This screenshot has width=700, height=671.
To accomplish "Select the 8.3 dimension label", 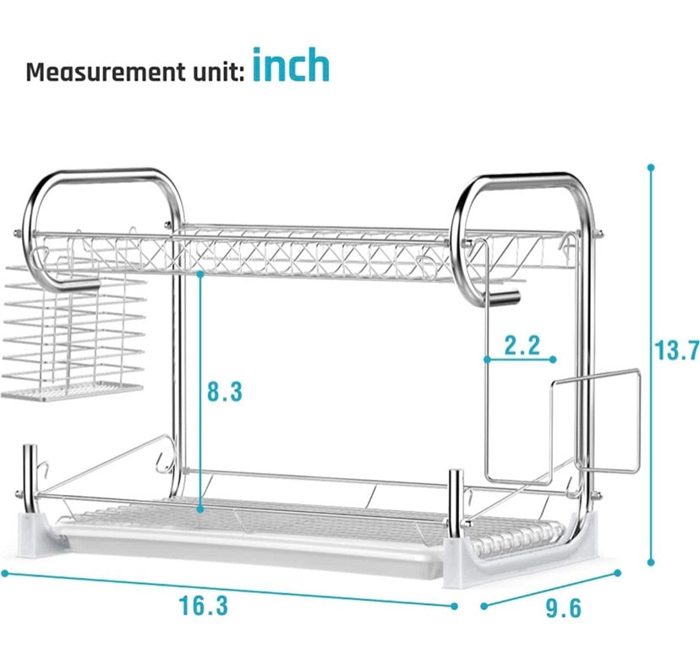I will click(x=225, y=392).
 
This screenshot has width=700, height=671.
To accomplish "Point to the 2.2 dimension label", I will click(x=522, y=345).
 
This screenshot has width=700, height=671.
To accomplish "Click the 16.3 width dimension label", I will click(x=203, y=606).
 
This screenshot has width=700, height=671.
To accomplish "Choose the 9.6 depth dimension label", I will click(x=563, y=608).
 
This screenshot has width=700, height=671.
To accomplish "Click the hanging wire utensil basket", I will click(x=69, y=333).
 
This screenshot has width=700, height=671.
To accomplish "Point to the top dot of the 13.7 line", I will click(x=650, y=168).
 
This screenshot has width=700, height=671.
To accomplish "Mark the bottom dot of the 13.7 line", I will click(x=650, y=561).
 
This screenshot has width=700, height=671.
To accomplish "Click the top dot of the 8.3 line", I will click(x=200, y=274).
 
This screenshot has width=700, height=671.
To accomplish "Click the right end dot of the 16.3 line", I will click(x=454, y=606).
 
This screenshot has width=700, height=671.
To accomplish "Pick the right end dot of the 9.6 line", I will click(x=618, y=573).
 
